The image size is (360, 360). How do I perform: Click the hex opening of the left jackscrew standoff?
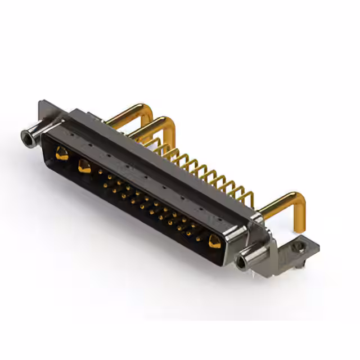(x=26, y=136)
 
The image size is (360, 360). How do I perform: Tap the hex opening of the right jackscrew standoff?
(x=244, y=261)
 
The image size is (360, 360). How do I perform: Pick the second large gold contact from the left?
(x=85, y=166)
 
